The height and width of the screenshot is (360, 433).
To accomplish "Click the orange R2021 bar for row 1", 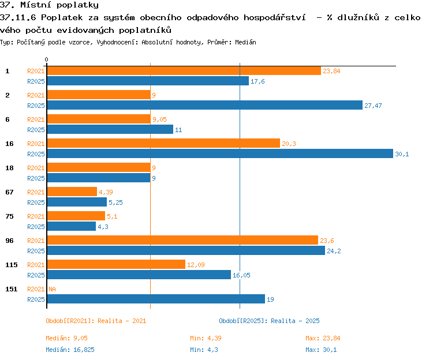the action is [x=184, y=71].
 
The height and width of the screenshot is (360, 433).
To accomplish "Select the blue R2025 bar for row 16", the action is [x=220, y=153].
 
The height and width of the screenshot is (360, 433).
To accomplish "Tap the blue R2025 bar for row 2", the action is [x=204, y=105].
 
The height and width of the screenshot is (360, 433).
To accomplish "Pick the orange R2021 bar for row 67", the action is [x=72, y=192].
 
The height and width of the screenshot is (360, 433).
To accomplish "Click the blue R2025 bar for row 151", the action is [x=156, y=299].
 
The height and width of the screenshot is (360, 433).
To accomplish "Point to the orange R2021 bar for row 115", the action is [x=116, y=264].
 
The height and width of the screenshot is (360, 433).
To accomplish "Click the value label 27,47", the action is [x=373, y=106].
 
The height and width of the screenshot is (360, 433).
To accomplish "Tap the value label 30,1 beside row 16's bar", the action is [x=402, y=154].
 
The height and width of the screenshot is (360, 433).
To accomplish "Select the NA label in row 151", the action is [x=52, y=289].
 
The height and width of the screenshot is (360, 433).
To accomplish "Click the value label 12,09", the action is [x=196, y=265].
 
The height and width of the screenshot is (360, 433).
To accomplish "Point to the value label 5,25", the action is [x=115, y=202].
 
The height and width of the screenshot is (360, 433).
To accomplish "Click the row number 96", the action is [x=9, y=241].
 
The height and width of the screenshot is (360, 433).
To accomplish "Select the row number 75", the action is [x=9, y=216].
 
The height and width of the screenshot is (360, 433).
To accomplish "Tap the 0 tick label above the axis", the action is [x=46, y=59].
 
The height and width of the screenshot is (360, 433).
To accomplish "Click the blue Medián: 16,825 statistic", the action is [x=70, y=350].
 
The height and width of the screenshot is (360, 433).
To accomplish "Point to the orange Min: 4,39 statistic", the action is [x=206, y=338].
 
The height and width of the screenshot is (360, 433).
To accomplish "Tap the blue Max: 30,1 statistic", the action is [x=321, y=350].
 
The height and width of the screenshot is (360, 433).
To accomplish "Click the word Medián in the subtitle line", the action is [x=245, y=42].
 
